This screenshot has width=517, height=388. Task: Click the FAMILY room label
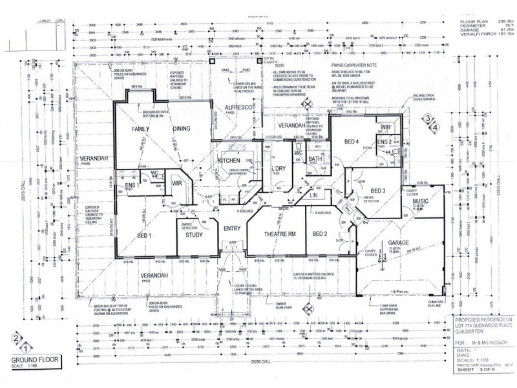[x=141, y=129]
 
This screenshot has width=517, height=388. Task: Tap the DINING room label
[x=182, y=129]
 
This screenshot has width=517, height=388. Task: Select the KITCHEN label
[x=229, y=160]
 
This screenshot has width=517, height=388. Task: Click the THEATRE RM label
[x=279, y=234]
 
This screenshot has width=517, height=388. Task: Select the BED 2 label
[x=321, y=234]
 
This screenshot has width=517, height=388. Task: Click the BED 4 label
[x=352, y=142]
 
